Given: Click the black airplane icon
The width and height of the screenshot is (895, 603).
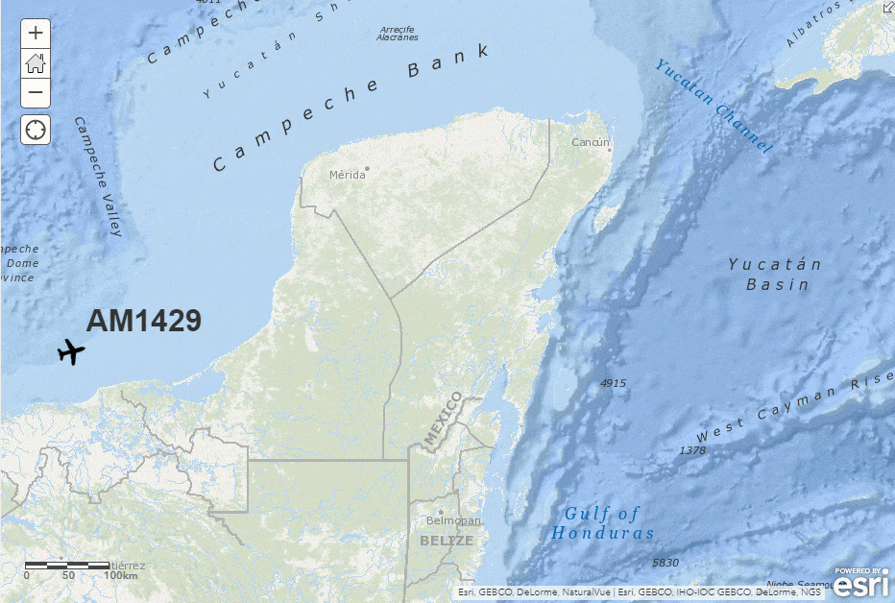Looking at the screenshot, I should click(71, 352).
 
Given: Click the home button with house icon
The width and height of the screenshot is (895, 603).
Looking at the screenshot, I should click(36, 63).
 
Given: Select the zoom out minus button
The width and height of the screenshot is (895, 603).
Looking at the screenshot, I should click(36, 93).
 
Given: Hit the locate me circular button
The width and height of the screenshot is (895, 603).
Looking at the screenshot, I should click(36, 130).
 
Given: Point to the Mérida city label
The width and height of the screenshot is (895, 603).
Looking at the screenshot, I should click(348, 175).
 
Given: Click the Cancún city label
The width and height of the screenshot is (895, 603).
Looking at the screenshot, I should click(591, 142).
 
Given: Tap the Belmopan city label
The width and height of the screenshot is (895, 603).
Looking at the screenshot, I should click(453, 520).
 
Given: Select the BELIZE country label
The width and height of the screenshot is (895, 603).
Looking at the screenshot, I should click(447, 541).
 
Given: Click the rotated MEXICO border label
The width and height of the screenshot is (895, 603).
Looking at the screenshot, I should click(443, 420).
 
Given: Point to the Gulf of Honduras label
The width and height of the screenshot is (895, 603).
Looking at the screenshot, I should click(603, 523).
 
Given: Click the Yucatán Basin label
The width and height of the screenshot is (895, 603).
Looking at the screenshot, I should click(776, 274).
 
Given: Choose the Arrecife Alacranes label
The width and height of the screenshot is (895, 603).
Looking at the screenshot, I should click(398, 34).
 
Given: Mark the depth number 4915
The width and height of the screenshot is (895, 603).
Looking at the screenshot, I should click(613, 383).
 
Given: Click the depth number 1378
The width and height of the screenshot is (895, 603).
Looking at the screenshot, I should click(691, 450).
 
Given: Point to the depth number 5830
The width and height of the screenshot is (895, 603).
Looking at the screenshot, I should click(665, 562).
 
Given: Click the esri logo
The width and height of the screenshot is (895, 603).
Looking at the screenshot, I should click(861, 581).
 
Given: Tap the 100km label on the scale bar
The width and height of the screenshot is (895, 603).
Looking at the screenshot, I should click(121, 575).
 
